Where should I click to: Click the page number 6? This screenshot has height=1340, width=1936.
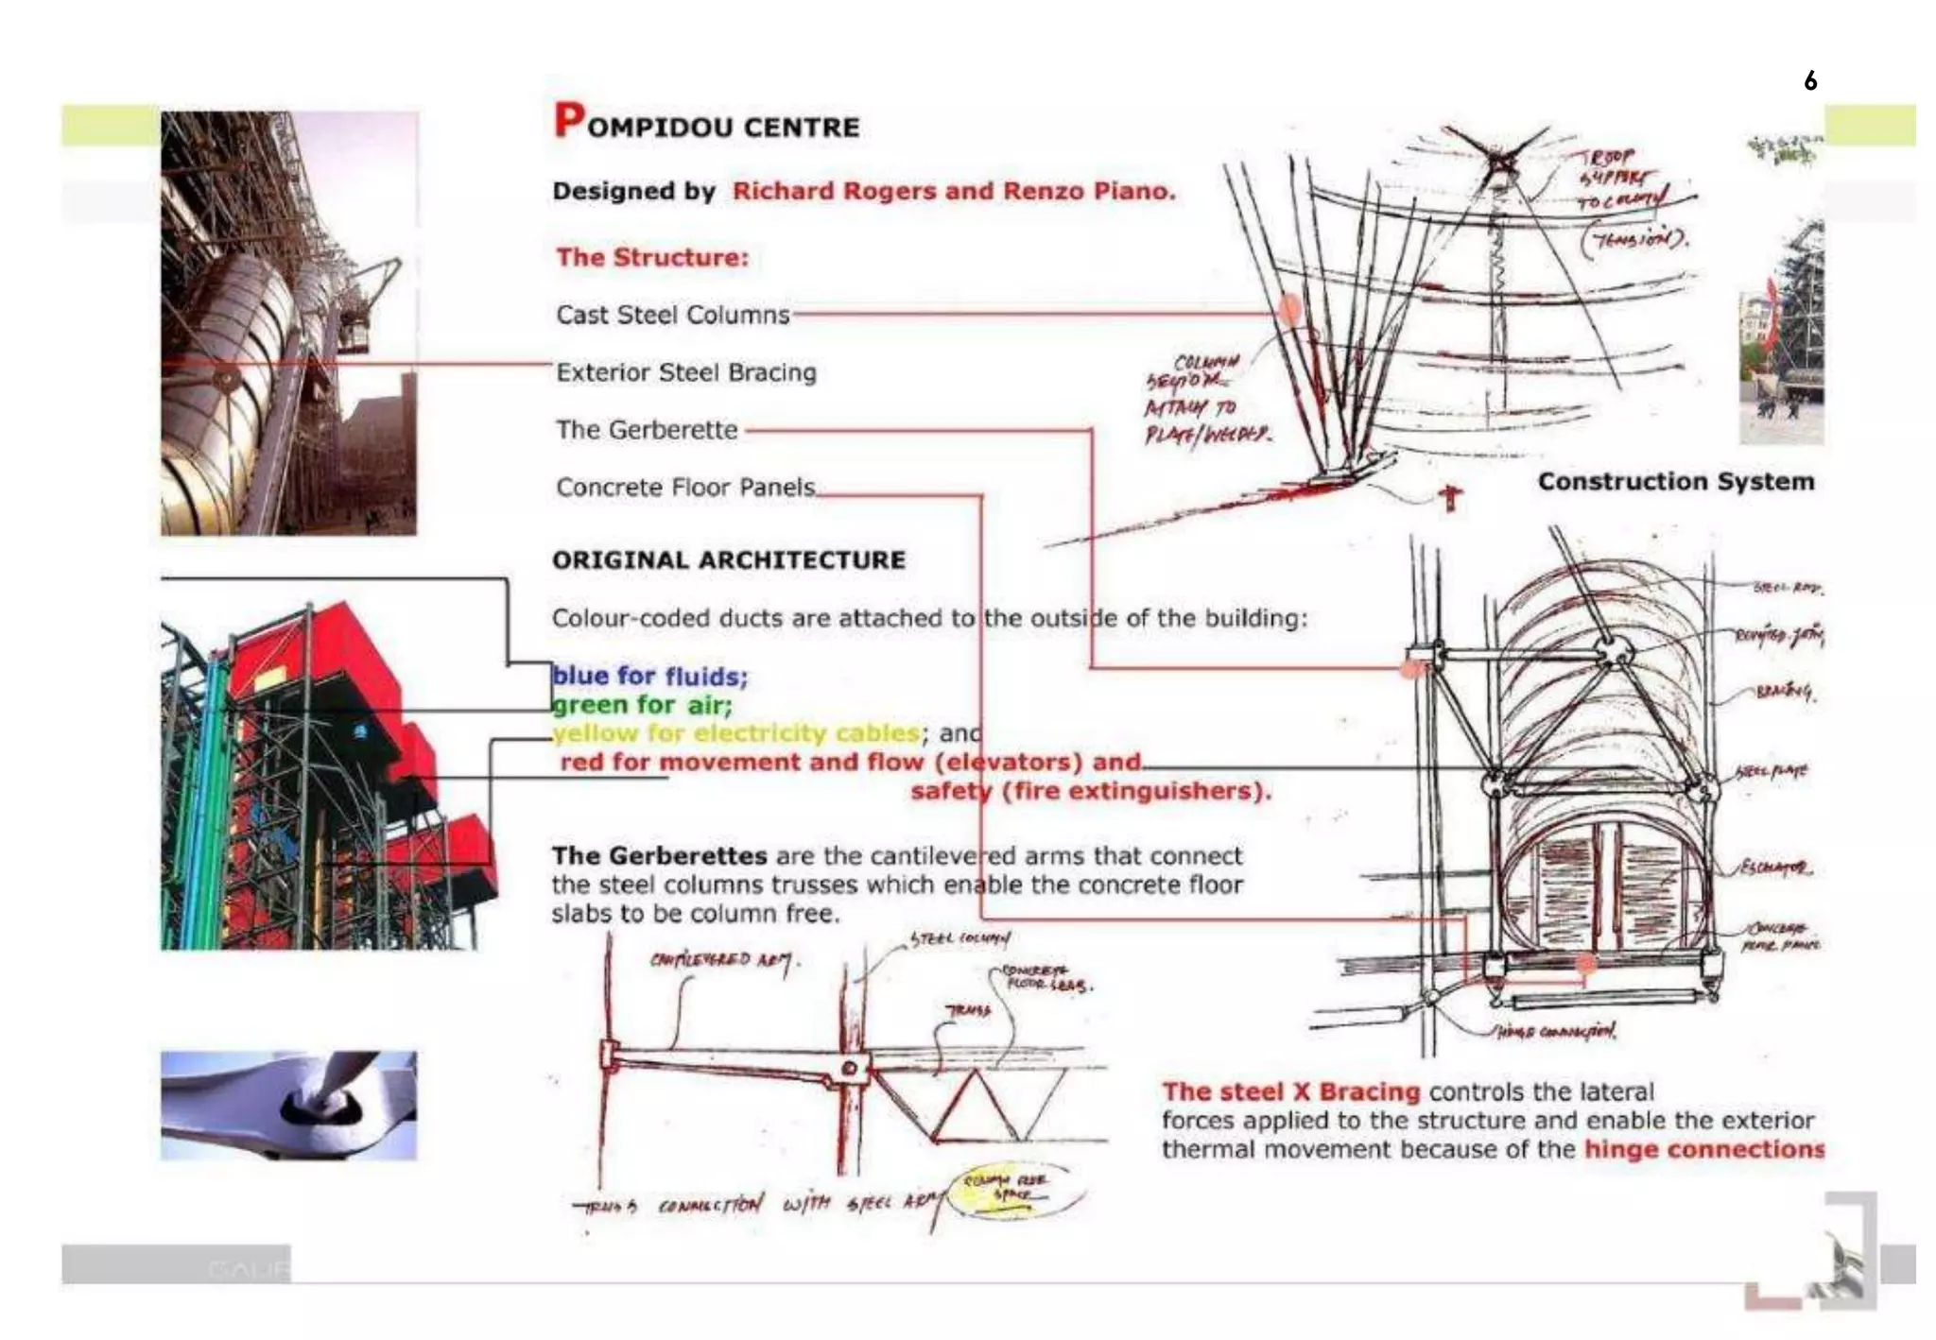[x=1809, y=80]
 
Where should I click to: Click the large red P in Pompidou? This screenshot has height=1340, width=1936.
[x=569, y=120]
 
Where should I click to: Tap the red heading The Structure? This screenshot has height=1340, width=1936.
[x=651, y=257]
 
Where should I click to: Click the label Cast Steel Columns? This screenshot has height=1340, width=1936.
[x=672, y=315]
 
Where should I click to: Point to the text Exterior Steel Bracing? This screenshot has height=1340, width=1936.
[x=685, y=372]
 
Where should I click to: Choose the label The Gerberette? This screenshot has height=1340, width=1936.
[x=647, y=430]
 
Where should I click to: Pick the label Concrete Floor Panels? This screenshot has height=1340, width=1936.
[x=685, y=488]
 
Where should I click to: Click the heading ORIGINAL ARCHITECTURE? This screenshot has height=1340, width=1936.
[x=728, y=559]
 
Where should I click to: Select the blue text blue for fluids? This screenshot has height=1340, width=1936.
[x=649, y=676]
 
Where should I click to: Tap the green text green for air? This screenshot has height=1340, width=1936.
[x=642, y=705]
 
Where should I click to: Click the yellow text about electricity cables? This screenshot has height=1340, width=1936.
[x=736, y=733]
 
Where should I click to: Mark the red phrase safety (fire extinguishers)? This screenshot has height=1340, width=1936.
[x=1090, y=791]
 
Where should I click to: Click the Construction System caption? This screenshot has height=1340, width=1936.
[x=1675, y=481]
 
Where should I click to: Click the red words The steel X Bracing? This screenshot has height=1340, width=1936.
[x=1290, y=1091]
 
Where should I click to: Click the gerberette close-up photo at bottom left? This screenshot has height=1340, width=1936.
[x=288, y=1105]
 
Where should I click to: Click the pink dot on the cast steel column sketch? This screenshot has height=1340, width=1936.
[x=1289, y=308]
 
